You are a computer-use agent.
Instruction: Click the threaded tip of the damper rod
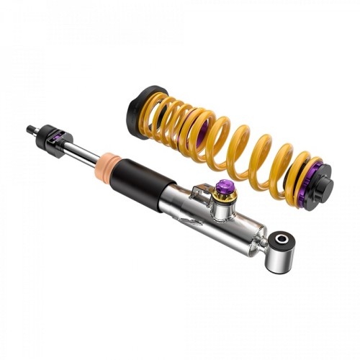30,129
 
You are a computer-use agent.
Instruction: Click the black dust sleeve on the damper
148,179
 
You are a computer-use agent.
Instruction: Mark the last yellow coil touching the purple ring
302,173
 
